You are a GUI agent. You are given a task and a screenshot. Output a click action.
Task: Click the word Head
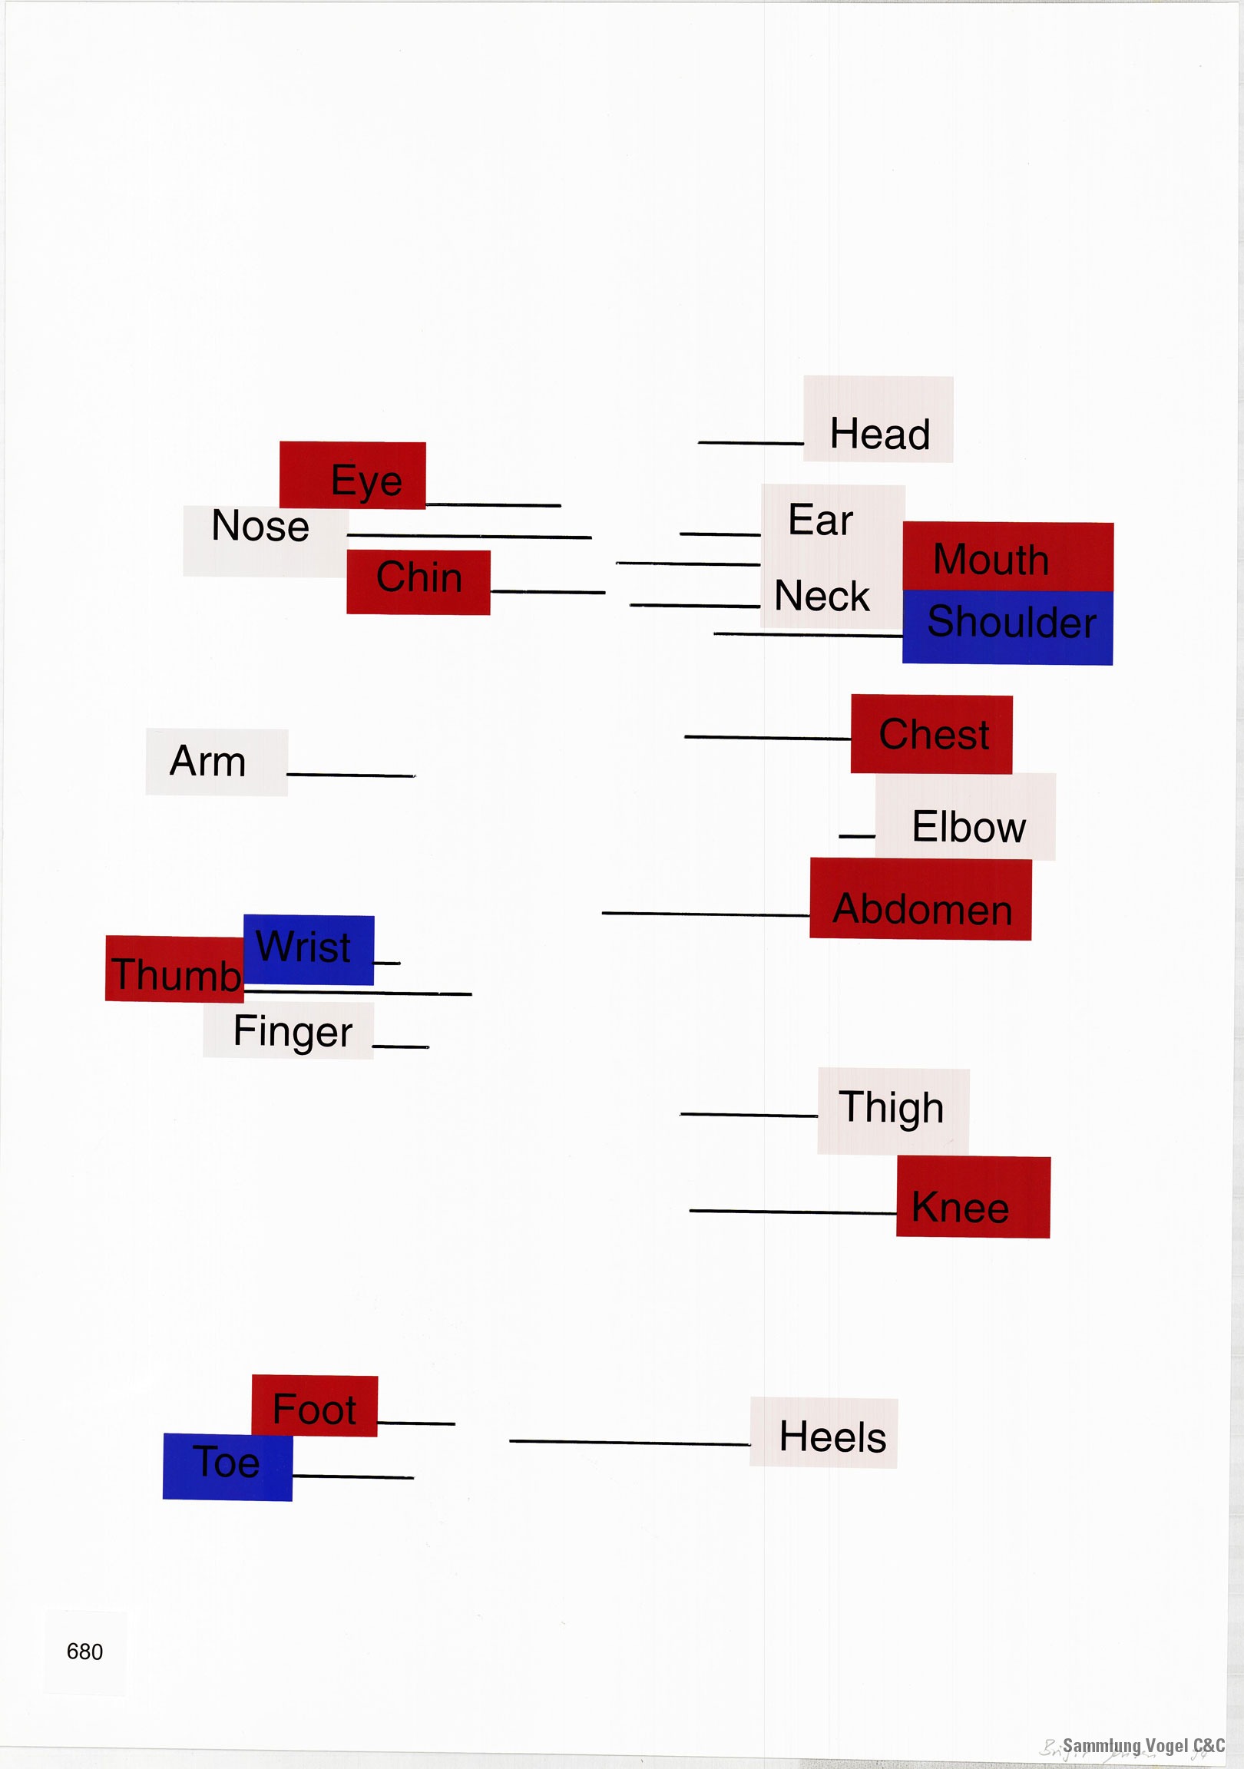[x=879, y=434]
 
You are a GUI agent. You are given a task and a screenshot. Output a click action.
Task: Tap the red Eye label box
[x=352, y=474]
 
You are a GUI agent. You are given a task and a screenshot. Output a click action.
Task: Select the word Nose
[x=260, y=526]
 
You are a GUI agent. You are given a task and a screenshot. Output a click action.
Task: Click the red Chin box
[x=418, y=582]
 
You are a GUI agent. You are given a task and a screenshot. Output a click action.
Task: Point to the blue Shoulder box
[x=1007, y=627]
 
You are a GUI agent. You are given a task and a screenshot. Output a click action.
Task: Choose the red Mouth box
[x=1007, y=557]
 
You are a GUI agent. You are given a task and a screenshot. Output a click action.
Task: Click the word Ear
[x=820, y=519]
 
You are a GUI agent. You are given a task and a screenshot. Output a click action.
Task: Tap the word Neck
[x=822, y=596]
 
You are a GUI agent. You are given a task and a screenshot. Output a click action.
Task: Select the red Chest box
[x=931, y=734]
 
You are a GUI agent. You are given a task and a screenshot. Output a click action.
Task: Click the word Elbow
[x=968, y=827]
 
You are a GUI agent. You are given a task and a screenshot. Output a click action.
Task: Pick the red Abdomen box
[x=920, y=899]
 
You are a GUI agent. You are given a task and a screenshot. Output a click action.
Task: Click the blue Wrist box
[x=308, y=949]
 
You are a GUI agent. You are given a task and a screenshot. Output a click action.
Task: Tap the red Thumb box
[x=175, y=969]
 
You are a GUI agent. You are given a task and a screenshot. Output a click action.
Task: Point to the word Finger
[x=292, y=1031]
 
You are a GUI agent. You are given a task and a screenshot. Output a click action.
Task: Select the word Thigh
[x=891, y=1107]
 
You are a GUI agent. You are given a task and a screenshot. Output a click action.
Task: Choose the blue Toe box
[x=227, y=1466]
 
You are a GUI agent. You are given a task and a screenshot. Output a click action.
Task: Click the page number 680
[x=84, y=1651]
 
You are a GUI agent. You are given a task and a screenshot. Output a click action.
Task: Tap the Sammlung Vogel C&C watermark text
[x=1143, y=1745]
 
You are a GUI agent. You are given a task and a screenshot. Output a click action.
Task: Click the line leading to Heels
[x=629, y=1442]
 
